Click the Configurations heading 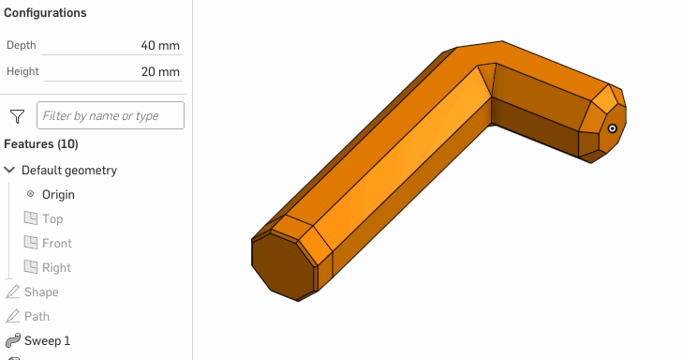coord(45,13)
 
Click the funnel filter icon coord(17,116)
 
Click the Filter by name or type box coord(110,116)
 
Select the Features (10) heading coord(41,144)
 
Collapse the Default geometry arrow coord(10,171)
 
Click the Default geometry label coord(69,171)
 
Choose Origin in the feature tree coord(58,195)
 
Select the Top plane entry coord(52,219)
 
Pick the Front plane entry coord(56,244)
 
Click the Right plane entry coord(56,268)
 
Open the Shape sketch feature coord(40,292)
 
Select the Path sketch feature coord(37,317)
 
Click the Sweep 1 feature coord(47,341)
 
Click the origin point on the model coord(612,128)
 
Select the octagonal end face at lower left coord(284,266)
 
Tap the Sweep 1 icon coord(13,341)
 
